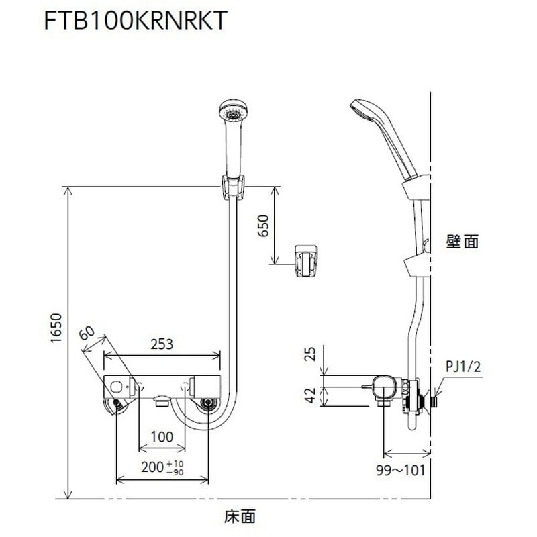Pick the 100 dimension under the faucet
(x=161, y=436)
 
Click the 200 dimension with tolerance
(x=160, y=467)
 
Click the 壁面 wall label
(x=462, y=242)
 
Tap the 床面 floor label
(x=240, y=517)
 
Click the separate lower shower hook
(x=306, y=260)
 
